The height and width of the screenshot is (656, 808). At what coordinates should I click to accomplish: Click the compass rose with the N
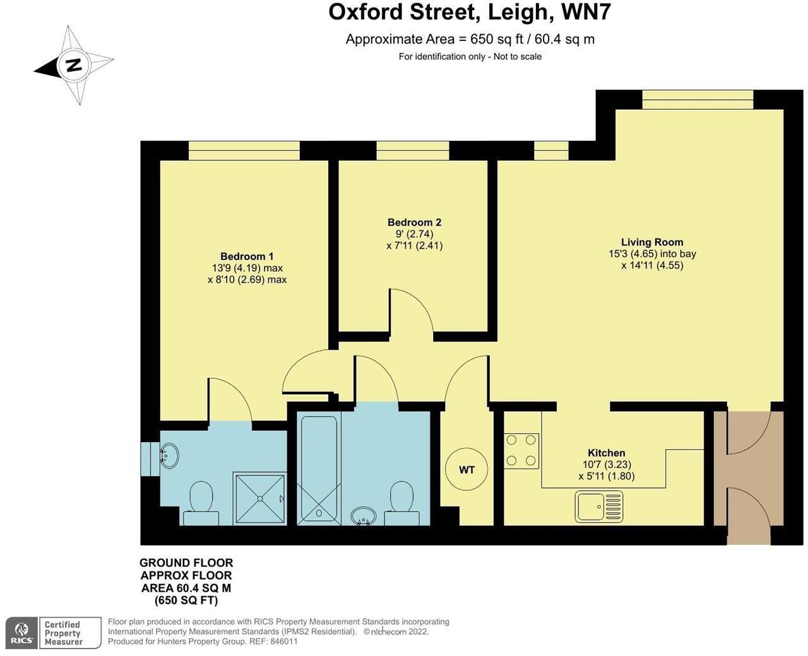(x=74, y=65)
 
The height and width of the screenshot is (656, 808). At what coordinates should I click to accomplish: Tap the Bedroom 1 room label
(x=247, y=256)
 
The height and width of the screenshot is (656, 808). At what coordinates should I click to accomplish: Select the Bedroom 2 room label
(x=414, y=222)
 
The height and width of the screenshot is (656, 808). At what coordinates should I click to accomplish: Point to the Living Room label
(x=652, y=242)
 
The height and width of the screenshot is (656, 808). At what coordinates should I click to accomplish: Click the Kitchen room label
(x=606, y=453)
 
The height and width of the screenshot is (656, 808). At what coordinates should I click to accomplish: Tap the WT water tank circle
(x=466, y=470)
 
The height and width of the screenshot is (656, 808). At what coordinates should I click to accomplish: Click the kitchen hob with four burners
(x=521, y=450)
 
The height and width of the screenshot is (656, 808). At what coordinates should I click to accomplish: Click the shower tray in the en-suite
(x=259, y=498)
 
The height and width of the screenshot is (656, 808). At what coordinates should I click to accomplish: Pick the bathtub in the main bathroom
(x=319, y=469)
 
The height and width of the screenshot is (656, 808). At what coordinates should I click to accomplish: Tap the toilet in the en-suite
(x=201, y=503)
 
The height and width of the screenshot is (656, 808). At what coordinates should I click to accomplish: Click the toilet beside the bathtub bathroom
(x=401, y=503)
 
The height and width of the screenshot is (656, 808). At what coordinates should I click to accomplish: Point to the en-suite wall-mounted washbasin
(x=169, y=455)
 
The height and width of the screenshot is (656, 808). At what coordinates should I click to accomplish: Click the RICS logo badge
(x=22, y=633)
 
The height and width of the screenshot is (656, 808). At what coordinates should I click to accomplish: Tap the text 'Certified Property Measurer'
(x=63, y=633)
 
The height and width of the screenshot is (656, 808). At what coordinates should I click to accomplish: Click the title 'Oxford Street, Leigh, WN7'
(x=470, y=13)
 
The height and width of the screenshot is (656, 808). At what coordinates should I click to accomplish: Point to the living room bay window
(x=698, y=99)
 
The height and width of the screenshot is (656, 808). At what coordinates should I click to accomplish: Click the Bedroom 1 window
(x=244, y=150)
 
